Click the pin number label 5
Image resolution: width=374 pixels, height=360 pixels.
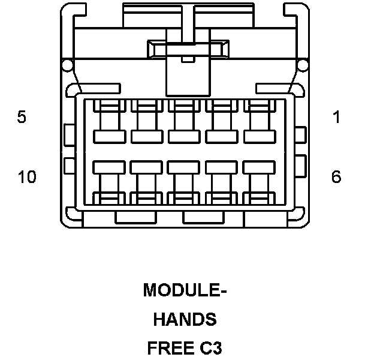point(22,117)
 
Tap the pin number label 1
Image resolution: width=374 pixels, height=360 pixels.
point(337,117)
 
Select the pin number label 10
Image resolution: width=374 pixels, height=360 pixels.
point(27,177)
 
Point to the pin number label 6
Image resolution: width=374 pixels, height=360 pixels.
point(336,177)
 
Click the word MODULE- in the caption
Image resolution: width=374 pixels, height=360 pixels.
point(185,291)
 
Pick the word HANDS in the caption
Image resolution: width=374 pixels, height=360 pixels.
point(185,320)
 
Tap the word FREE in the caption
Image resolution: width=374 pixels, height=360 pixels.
point(168,348)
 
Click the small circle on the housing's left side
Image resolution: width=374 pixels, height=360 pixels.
point(67,65)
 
